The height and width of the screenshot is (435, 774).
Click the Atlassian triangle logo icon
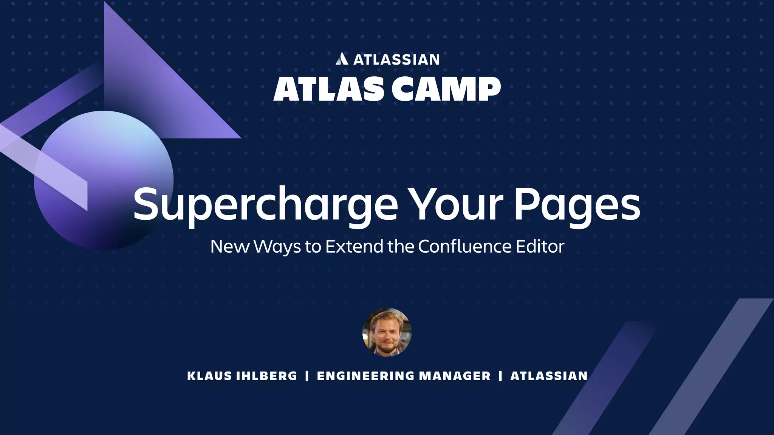(x=342, y=59)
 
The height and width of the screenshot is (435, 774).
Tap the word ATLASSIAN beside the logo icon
(x=396, y=60)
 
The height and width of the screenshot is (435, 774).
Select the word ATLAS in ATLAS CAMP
(x=327, y=89)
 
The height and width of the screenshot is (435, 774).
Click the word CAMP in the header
(x=446, y=89)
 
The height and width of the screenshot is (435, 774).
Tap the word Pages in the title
(x=577, y=206)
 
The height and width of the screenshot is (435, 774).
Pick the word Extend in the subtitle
(x=354, y=246)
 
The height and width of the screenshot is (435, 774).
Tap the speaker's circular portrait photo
(x=387, y=332)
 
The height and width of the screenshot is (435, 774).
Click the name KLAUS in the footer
(x=209, y=376)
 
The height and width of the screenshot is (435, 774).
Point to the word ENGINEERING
(x=366, y=376)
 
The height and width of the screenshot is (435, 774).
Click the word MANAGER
(x=455, y=376)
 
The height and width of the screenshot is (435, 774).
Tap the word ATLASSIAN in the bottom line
(x=549, y=376)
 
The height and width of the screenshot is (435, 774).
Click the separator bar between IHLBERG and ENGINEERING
(x=307, y=376)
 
